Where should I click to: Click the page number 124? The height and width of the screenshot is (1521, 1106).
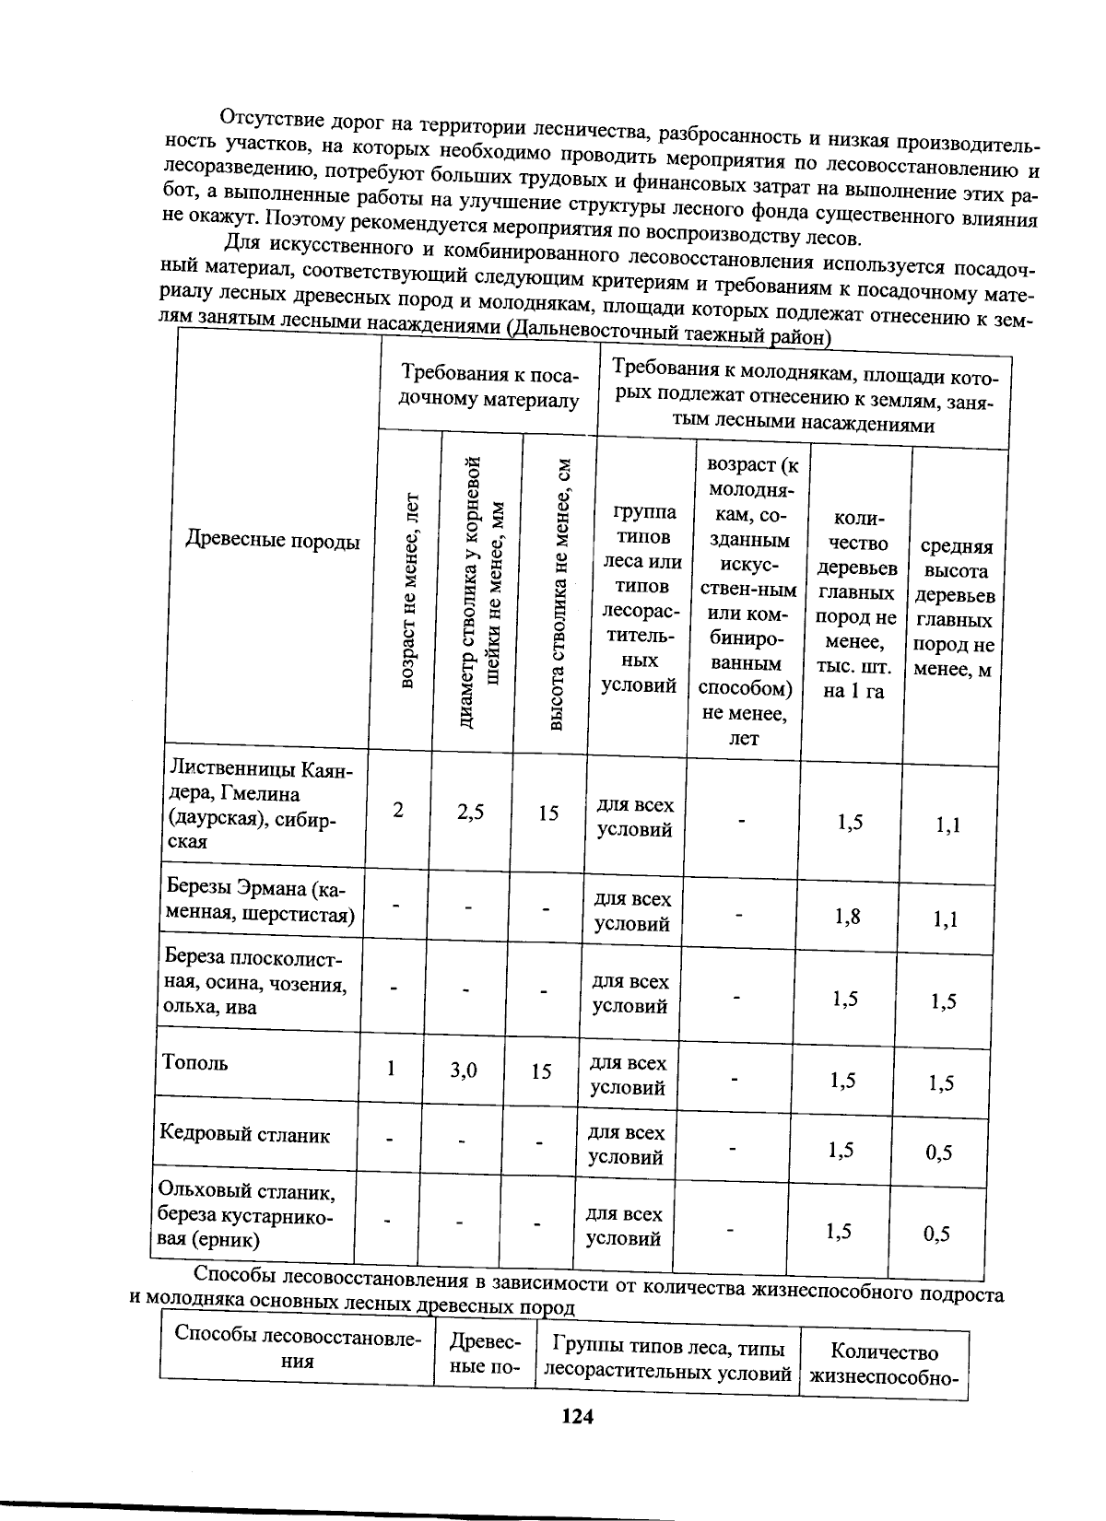point(577,1417)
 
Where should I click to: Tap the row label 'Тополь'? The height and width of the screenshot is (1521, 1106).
point(194,1062)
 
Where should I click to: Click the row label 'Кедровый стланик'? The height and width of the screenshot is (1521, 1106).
point(244,1135)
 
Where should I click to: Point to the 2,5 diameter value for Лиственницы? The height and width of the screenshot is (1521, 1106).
point(470,812)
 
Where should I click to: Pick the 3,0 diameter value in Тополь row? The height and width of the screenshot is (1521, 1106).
point(464,1070)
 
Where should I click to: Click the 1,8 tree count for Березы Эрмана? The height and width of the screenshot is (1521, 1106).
point(848,916)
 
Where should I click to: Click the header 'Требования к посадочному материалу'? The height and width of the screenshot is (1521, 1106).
point(489,387)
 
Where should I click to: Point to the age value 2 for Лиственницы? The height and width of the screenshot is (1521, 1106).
point(397,811)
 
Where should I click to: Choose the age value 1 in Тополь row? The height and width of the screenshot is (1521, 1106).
point(391,1068)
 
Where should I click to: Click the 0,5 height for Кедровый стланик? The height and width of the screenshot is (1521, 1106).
point(939,1152)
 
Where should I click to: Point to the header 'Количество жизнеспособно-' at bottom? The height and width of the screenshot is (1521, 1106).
point(884,1364)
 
